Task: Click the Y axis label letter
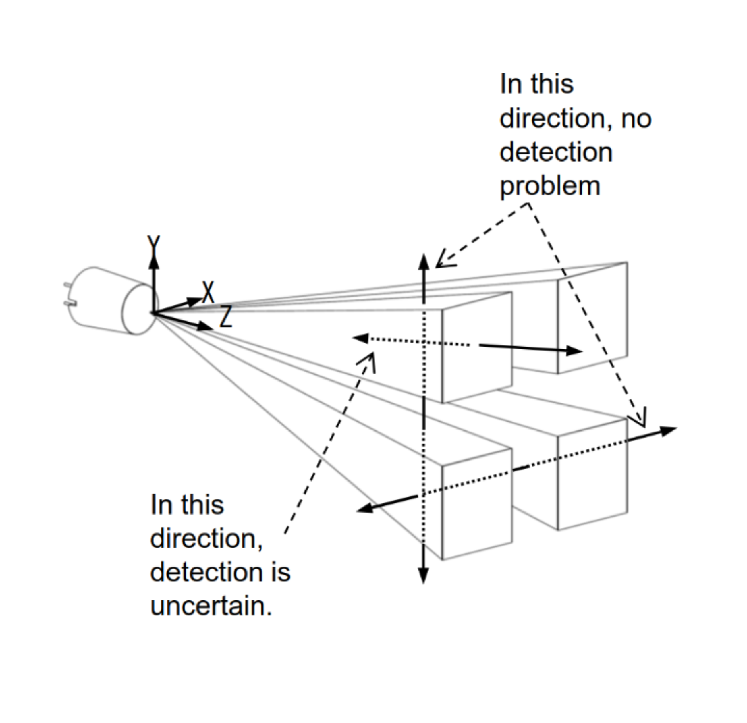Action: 153,244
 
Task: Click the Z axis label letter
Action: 226,316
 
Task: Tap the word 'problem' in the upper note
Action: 549,186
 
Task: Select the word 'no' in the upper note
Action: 637,119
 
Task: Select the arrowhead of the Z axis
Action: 205,326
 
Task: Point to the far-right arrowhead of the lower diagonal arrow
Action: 669,430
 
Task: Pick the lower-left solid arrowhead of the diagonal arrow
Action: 363,510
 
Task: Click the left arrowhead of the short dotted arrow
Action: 360,338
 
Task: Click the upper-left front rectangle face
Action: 477,347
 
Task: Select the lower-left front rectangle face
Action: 477,503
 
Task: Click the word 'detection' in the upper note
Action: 556,153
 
